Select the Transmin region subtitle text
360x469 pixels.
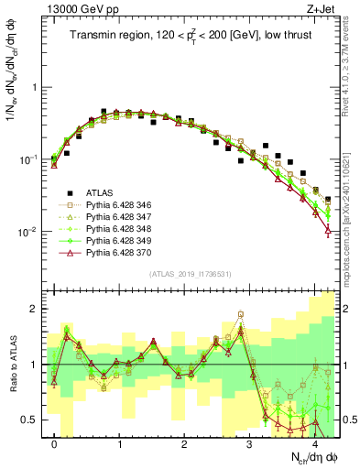(x=192, y=36)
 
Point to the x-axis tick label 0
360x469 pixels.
(x=55, y=442)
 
